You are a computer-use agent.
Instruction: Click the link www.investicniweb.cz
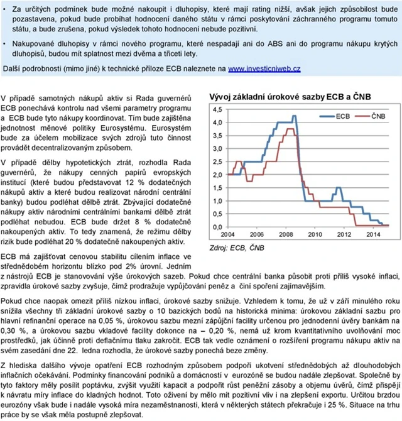tap(264, 68)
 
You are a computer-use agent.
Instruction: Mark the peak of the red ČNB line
tap(292, 129)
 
